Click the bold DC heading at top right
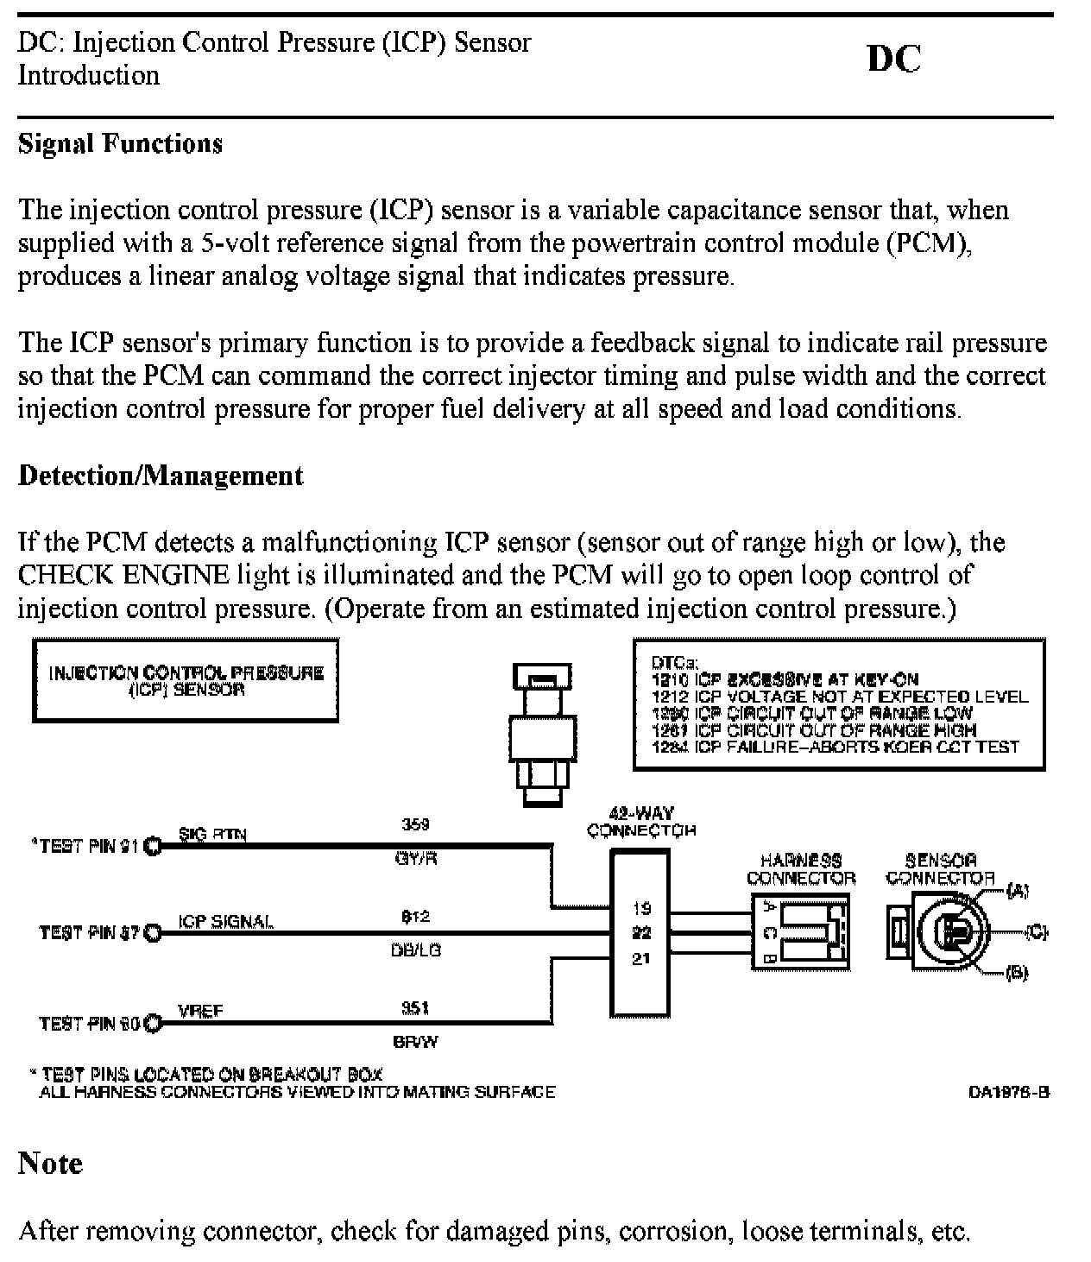point(893,59)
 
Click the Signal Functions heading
point(120,143)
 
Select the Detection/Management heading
point(161,476)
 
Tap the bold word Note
point(50,1164)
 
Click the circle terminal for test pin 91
point(153,846)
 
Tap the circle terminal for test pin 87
point(153,932)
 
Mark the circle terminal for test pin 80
point(153,1024)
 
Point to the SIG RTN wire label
point(211,834)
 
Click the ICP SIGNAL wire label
point(225,921)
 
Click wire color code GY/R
point(415,860)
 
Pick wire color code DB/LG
point(415,950)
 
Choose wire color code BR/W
point(415,1042)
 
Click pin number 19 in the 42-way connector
point(640,908)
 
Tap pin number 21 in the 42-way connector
point(640,958)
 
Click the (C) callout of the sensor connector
point(1035,932)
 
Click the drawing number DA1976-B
point(1008,1092)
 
